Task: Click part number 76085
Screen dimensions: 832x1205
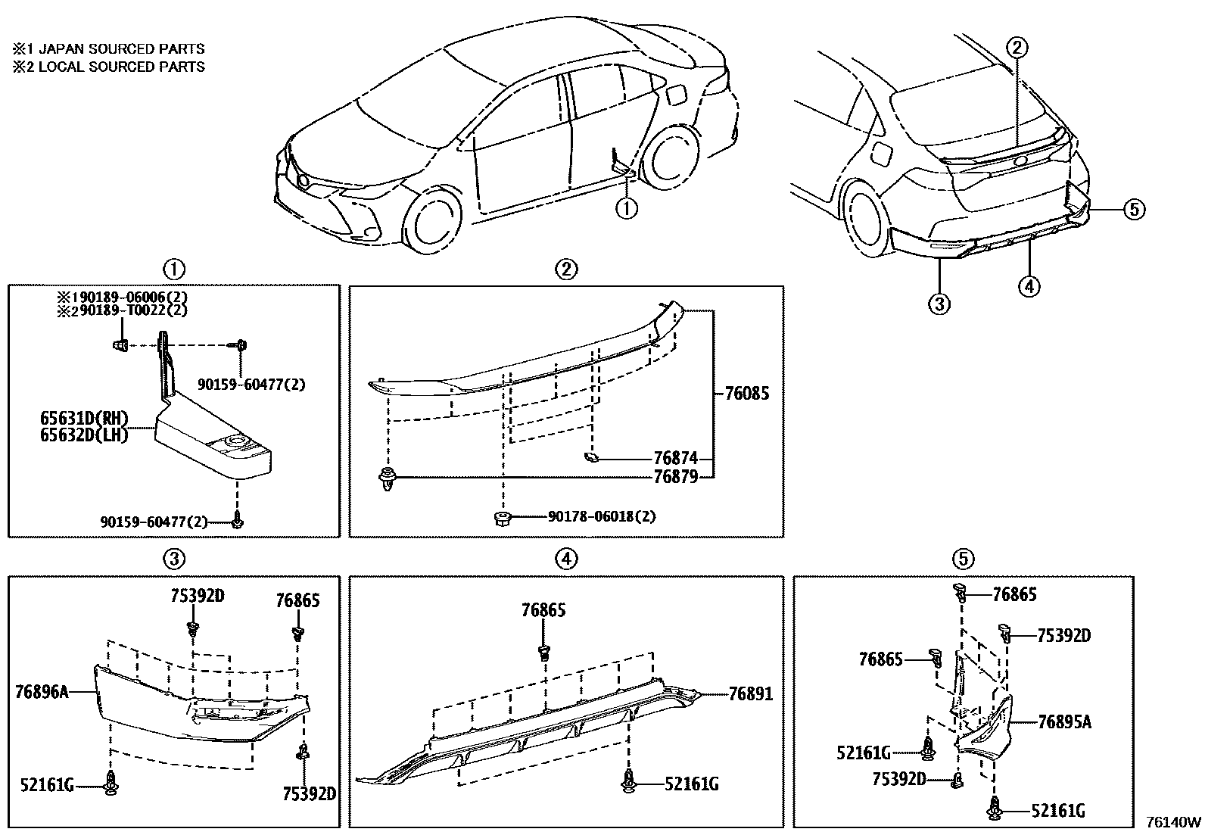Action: coord(746,394)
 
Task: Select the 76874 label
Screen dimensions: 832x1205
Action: coord(675,458)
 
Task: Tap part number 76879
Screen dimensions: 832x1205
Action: coord(675,477)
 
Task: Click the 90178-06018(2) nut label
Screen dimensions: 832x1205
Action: coord(601,517)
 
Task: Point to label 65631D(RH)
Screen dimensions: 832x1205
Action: coord(84,419)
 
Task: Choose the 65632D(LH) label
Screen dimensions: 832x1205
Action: coord(84,435)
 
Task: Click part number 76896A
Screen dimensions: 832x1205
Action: coord(41,690)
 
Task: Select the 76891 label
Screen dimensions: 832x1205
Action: coord(751,693)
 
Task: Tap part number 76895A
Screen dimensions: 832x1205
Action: coord(1064,722)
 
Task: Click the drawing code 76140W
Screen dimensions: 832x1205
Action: coord(1172,822)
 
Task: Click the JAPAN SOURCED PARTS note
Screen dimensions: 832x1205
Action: coord(108,48)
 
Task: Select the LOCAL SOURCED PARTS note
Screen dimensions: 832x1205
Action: coord(108,67)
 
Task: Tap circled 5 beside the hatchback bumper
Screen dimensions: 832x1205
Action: coord(1133,209)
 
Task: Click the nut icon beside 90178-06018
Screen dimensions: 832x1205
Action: coord(501,518)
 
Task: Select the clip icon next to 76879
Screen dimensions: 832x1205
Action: coord(388,479)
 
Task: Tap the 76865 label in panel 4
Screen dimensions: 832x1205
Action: coord(543,610)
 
